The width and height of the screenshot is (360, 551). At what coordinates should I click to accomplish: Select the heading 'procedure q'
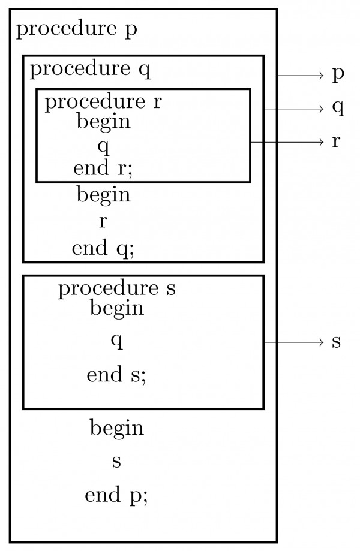(90, 70)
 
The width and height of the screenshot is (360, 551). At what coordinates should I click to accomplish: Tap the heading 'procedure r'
(103, 102)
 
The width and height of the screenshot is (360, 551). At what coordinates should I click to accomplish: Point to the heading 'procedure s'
(116, 289)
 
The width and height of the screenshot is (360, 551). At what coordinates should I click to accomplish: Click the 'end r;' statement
(103, 168)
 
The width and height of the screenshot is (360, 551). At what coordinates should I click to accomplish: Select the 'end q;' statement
(103, 248)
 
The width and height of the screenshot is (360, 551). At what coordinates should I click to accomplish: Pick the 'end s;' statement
(116, 375)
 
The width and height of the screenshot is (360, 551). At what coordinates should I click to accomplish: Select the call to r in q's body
(103, 221)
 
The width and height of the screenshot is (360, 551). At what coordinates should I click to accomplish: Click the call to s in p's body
(116, 462)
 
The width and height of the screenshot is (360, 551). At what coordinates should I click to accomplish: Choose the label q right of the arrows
(338, 109)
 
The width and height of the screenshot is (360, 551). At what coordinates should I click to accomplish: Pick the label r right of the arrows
(337, 141)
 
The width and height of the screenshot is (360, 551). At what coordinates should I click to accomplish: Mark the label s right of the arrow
(337, 342)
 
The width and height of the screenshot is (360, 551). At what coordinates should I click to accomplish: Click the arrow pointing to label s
(294, 342)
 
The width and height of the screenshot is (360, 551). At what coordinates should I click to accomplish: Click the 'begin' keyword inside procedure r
(103, 122)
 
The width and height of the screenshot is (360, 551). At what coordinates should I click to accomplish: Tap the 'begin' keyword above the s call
(116, 428)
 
